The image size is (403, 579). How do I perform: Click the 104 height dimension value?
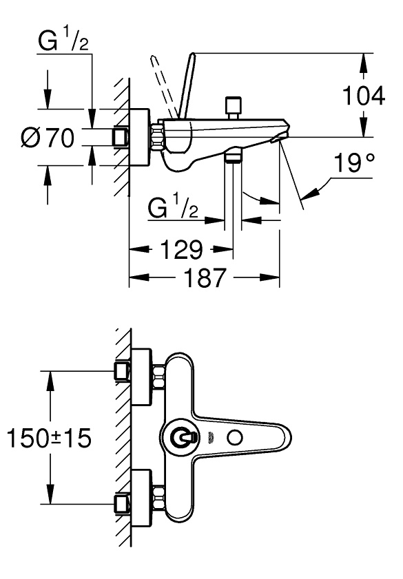coord(364,96)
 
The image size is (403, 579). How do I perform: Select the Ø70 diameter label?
coord(48,138)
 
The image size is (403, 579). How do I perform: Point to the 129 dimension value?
coord(181,250)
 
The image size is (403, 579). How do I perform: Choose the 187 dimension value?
coord(205,277)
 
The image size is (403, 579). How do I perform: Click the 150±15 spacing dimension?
coord(49,438)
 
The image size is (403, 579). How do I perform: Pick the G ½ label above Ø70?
coord(63,41)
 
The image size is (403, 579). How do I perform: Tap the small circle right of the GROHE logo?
coord(236,438)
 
